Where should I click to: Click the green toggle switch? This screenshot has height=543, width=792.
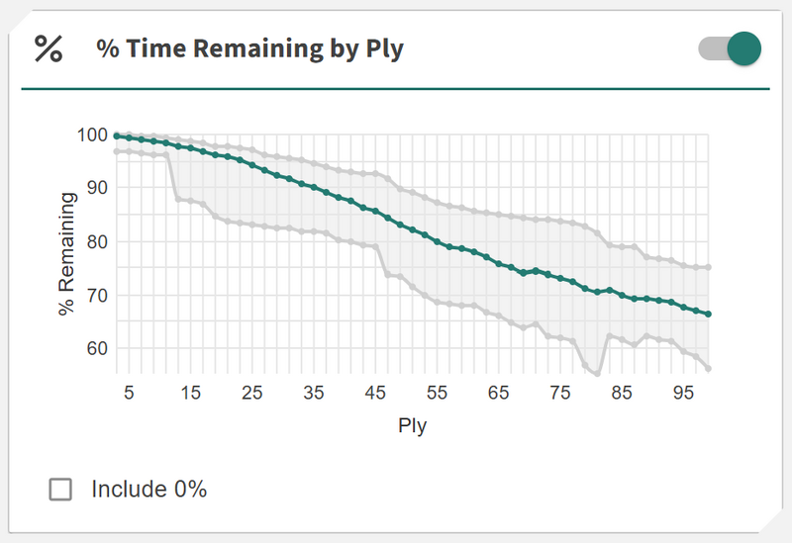point(731,48)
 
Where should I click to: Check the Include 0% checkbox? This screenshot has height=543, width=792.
point(61,489)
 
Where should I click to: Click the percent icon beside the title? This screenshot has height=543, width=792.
point(49,48)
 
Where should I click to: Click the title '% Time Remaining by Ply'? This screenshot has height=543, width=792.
point(249,48)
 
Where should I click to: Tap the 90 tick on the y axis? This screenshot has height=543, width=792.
point(95,188)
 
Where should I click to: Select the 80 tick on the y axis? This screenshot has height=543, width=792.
point(95,241)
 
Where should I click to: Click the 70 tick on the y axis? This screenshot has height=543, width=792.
point(95,295)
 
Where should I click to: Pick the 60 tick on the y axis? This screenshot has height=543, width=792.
point(95,348)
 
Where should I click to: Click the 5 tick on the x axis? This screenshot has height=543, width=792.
point(129,393)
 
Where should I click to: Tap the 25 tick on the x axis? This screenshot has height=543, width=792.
point(252,393)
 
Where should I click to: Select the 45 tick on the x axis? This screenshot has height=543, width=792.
point(375,393)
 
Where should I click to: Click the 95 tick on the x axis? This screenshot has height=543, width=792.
point(683,393)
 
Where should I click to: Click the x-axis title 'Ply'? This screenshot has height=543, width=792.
point(412,426)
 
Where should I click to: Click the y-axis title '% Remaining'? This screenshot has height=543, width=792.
point(67,253)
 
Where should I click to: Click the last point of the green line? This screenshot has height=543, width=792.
point(708,314)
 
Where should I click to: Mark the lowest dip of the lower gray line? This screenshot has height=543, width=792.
point(598,373)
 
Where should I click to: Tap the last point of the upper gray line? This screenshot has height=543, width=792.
point(708,267)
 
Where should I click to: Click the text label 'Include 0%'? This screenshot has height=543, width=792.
point(148,489)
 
